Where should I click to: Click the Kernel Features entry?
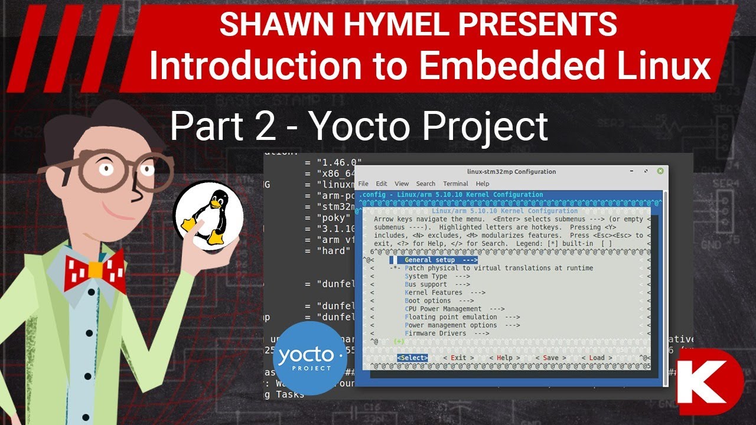coord(445,293)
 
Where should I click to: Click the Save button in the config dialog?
coord(550,358)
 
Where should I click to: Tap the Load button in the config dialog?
coord(597,358)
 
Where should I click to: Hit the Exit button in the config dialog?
coord(458,358)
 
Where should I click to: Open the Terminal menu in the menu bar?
coord(455,184)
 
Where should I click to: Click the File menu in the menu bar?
coord(363,184)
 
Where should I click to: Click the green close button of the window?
coord(660,171)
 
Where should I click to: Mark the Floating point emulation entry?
coord(451,317)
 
